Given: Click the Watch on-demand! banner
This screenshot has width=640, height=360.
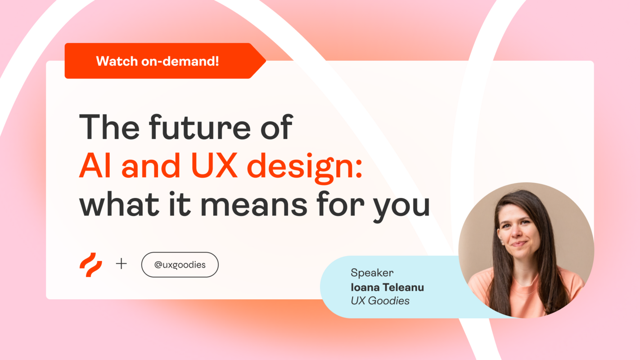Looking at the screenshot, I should click(158, 61).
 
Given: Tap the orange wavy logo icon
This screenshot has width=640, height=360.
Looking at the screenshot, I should click(91, 265).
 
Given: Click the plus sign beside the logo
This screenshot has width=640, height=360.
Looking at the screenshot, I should click(121, 264).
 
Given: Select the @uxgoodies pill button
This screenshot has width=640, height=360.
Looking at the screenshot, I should click(180, 265).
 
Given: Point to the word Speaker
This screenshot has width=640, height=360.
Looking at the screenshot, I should click(372, 273).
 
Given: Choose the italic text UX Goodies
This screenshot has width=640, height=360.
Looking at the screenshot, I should click(380, 301).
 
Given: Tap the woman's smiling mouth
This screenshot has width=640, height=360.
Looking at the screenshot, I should click(518, 244).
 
